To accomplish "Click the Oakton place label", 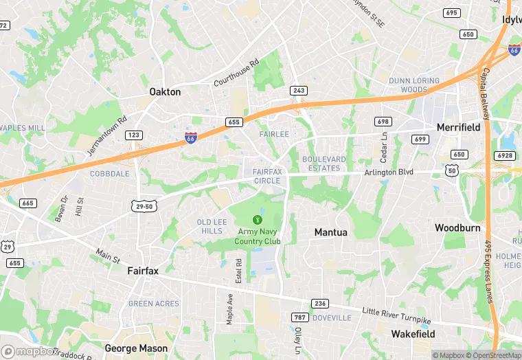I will pos(165,91).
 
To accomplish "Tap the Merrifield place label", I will pos(458,127).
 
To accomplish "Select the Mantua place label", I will pos(330,232).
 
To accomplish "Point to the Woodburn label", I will pos(457,227).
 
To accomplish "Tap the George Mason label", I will pos(136,348).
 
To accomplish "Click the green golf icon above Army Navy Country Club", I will pos(258,219).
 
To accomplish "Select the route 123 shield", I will pos(134,135).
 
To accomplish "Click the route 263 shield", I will pos(299,90).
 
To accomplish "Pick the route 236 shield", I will pos(320,303).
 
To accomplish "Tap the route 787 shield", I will pos(299,317).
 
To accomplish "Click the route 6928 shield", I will pos(505,155).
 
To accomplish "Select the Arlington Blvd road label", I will pos(389,172).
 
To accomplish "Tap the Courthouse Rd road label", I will pos(236,73).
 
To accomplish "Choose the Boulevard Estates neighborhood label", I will pos(321,164).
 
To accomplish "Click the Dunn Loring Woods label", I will pos(418,85).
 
